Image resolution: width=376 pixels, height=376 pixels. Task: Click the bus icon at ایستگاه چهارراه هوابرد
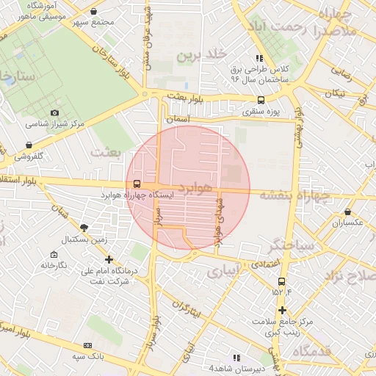point(137,184)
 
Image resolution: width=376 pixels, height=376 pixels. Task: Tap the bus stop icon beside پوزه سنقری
point(261,101)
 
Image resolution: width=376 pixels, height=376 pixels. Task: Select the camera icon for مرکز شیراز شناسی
point(54,112)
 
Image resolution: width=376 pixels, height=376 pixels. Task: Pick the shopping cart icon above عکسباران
point(347,211)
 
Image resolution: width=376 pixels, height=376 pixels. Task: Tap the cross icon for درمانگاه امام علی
point(109,259)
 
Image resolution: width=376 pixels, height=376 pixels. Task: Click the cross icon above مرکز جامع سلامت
point(281,310)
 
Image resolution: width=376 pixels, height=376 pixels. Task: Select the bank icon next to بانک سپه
point(88,345)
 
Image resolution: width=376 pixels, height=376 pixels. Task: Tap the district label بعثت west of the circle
point(104,151)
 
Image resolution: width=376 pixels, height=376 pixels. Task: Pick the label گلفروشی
point(29,156)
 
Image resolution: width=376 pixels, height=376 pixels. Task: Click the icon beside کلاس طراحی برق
point(258,58)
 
